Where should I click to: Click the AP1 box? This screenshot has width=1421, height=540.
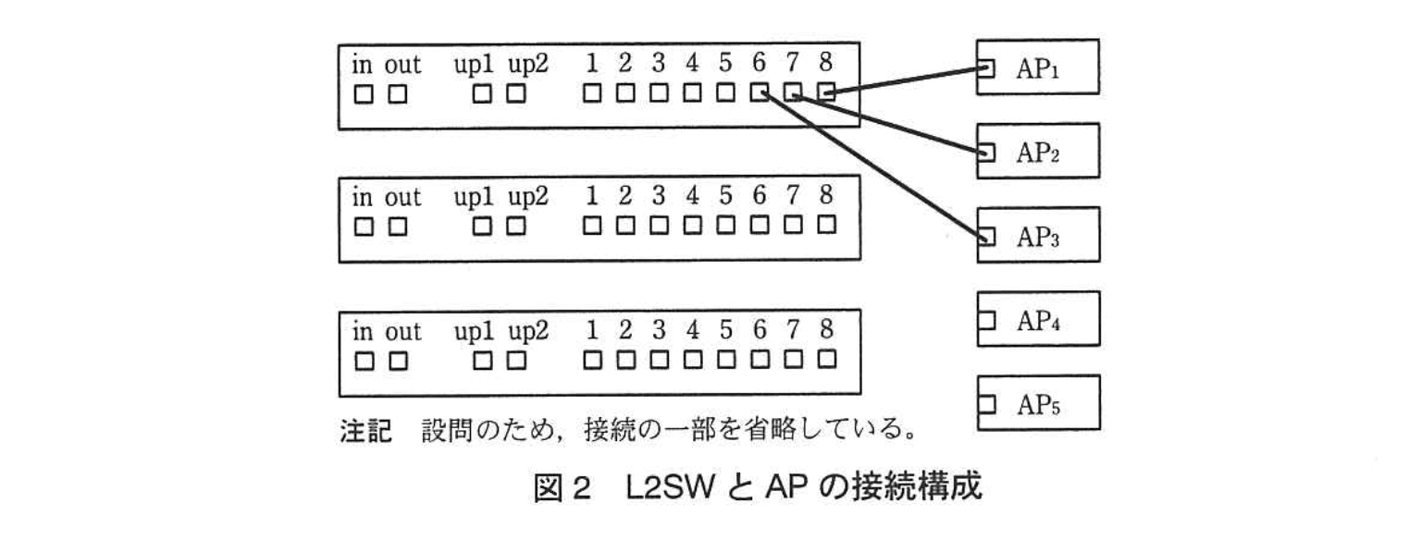coord(1038,67)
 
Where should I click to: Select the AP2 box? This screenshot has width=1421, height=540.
coord(1038,151)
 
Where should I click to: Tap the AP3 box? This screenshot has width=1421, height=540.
coord(1038,235)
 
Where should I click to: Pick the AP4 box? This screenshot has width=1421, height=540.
coord(1038,319)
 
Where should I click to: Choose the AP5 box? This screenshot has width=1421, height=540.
coord(1038,403)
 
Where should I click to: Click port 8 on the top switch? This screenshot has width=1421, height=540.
coord(827,92)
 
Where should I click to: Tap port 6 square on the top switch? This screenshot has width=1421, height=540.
coord(760,92)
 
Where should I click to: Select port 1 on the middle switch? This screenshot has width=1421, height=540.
coord(592,225)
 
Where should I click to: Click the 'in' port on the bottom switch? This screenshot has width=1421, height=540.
coord(364,358)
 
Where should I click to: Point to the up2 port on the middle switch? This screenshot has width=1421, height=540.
coord(515,225)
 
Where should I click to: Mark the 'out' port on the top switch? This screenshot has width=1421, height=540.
coord(398,92)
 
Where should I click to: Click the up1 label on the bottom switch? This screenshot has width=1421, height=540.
coord(476,330)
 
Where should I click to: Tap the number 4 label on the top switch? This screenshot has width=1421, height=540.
coord(692,64)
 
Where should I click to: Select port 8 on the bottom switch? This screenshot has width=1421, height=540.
coord(827,358)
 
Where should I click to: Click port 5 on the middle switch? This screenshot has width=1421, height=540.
coord(726,225)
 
